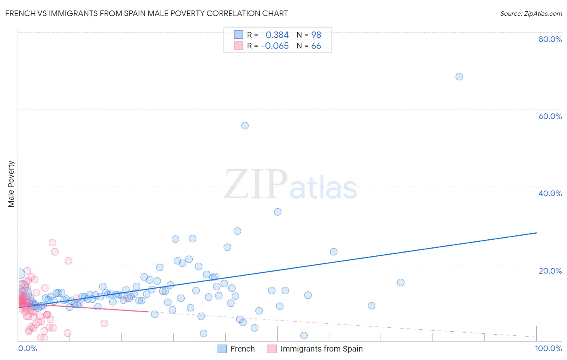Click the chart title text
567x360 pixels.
[146, 13]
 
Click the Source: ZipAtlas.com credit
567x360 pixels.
[531, 13]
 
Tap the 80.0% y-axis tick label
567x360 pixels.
[550, 39]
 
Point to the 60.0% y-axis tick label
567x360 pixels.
[550, 116]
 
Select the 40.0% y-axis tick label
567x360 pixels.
[550, 193]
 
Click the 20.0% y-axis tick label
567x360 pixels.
[550, 271]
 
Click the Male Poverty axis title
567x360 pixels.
[11, 184]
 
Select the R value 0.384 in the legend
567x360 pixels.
[277, 35]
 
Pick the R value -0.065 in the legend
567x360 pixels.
[275, 46]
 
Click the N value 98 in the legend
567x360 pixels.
[316, 35]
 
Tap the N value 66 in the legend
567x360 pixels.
[316, 46]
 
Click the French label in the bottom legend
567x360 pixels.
[242, 349]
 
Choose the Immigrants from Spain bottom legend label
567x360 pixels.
[321, 349]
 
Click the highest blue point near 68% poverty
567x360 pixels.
[459, 77]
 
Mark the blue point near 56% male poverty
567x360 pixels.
[245, 126]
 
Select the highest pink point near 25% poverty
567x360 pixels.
[52, 243]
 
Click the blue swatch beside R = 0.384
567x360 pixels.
[239, 35]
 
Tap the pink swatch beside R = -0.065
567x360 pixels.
[239, 46]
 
